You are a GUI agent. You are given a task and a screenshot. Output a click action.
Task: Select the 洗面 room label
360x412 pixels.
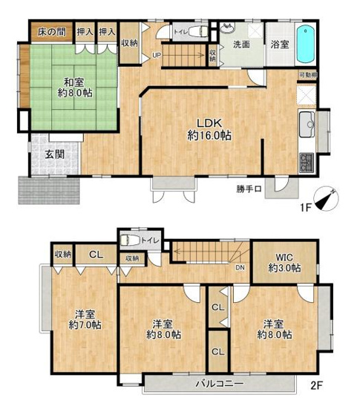click(x=242, y=45)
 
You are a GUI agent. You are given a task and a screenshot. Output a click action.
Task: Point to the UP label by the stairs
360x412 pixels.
click(x=157, y=54)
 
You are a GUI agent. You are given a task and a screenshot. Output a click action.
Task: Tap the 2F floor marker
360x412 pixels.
click(x=318, y=386)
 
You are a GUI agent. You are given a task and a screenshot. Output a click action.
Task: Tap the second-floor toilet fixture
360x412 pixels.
click(x=131, y=240)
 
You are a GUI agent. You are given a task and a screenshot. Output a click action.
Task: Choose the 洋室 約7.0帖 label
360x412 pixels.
click(x=85, y=319)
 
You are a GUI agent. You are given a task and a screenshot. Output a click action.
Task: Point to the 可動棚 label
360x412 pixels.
click(x=307, y=76)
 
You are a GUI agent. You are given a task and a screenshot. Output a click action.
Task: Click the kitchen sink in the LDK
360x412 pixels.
click(x=307, y=124)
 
